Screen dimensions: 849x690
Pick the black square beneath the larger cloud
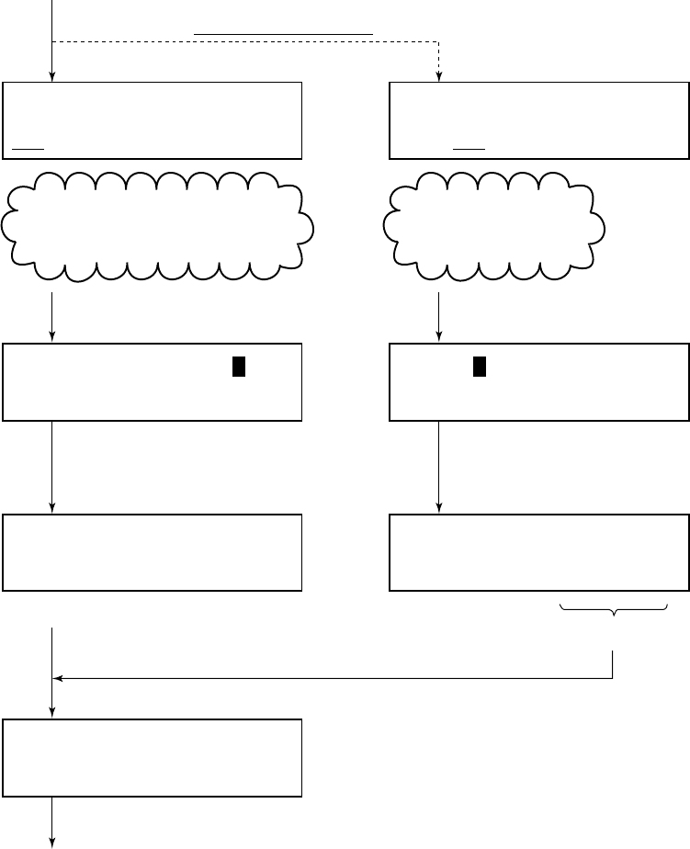238,366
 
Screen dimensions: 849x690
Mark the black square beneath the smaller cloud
479,366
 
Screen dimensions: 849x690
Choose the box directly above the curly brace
539,551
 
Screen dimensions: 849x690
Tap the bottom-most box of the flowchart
153,757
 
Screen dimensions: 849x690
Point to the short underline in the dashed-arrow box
468,147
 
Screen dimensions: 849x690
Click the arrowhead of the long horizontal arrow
58,679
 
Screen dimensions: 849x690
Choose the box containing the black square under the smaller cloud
539,382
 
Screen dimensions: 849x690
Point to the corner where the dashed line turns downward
439,41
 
